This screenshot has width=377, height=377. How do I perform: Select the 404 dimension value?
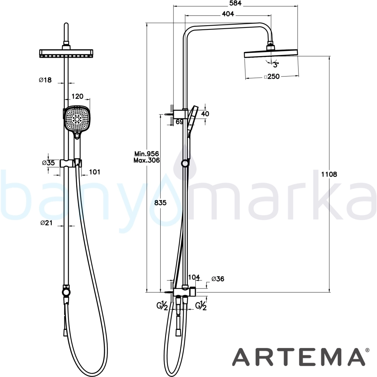tap(228, 14)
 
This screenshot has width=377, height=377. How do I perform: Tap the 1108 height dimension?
tap(329, 174)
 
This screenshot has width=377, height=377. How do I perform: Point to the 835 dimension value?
tap(160, 203)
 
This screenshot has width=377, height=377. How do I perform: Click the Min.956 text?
tap(147, 154)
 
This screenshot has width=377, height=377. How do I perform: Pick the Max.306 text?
tap(147, 160)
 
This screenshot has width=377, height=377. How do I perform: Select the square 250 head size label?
tap(272, 77)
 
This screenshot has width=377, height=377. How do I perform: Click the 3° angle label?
tap(276, 65)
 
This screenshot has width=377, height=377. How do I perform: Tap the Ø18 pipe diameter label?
tap(45, 80)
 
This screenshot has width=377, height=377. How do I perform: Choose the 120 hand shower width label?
tap(77, 97)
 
